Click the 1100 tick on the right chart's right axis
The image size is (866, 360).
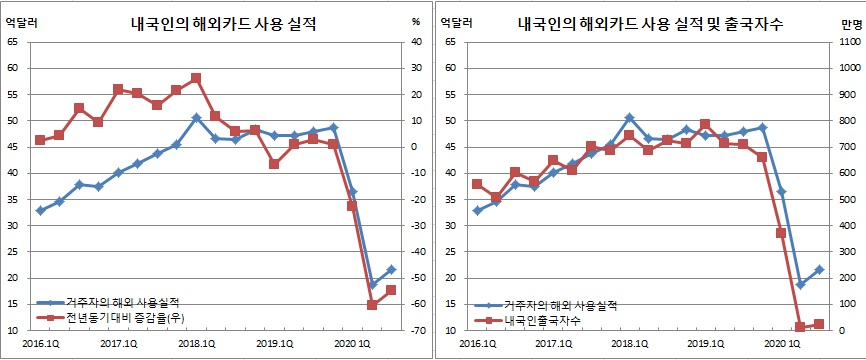point(843,42)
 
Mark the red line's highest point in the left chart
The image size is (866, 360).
point(196,78)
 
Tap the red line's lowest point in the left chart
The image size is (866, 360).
point(372,304)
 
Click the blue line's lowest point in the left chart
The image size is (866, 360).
point(372,285)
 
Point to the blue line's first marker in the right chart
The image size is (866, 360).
point(477,210)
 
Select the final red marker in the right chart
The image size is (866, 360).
point(820,323)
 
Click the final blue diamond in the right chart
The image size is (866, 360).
point(820,269)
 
